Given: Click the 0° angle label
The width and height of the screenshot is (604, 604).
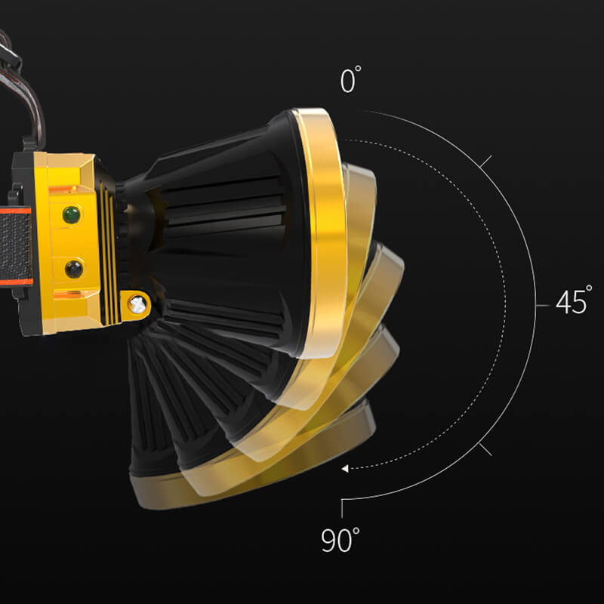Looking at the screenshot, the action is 350,79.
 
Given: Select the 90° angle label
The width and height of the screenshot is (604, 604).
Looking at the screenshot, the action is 341,539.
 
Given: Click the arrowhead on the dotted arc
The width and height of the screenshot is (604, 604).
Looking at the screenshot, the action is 345,468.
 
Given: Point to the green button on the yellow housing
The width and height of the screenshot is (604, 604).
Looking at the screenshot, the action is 72,214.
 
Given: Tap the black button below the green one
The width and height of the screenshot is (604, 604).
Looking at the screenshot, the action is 73,269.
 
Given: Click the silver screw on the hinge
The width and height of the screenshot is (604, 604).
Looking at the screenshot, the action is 137,304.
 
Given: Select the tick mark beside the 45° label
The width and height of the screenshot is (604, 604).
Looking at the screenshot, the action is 543,306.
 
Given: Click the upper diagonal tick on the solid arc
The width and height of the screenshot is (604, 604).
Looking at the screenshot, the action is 485,162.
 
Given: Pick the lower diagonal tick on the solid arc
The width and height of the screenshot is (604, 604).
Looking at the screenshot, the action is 485,449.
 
